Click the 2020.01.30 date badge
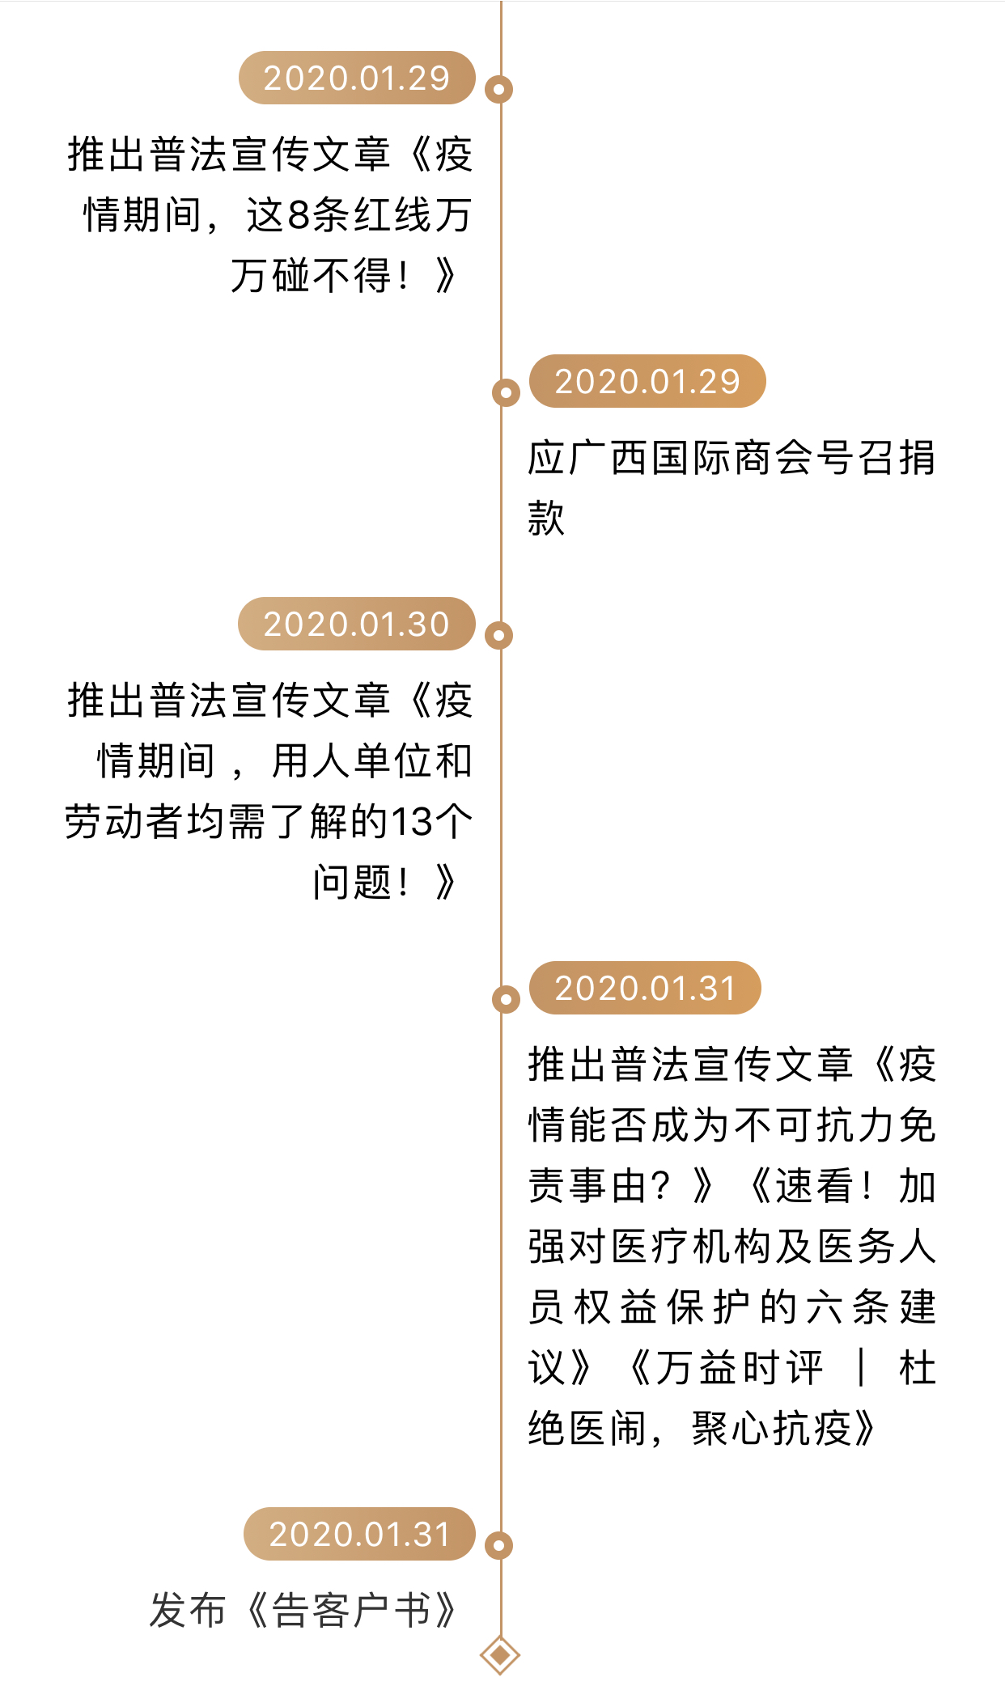356,624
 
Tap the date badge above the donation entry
647,381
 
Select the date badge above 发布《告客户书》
359,1534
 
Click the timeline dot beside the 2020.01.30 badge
498,635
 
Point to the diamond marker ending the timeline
499,1655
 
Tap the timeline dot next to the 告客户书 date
498,1545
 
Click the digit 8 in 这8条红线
299,215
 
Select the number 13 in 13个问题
412,822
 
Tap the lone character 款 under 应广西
546,519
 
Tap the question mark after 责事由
660,1186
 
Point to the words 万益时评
739,1368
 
